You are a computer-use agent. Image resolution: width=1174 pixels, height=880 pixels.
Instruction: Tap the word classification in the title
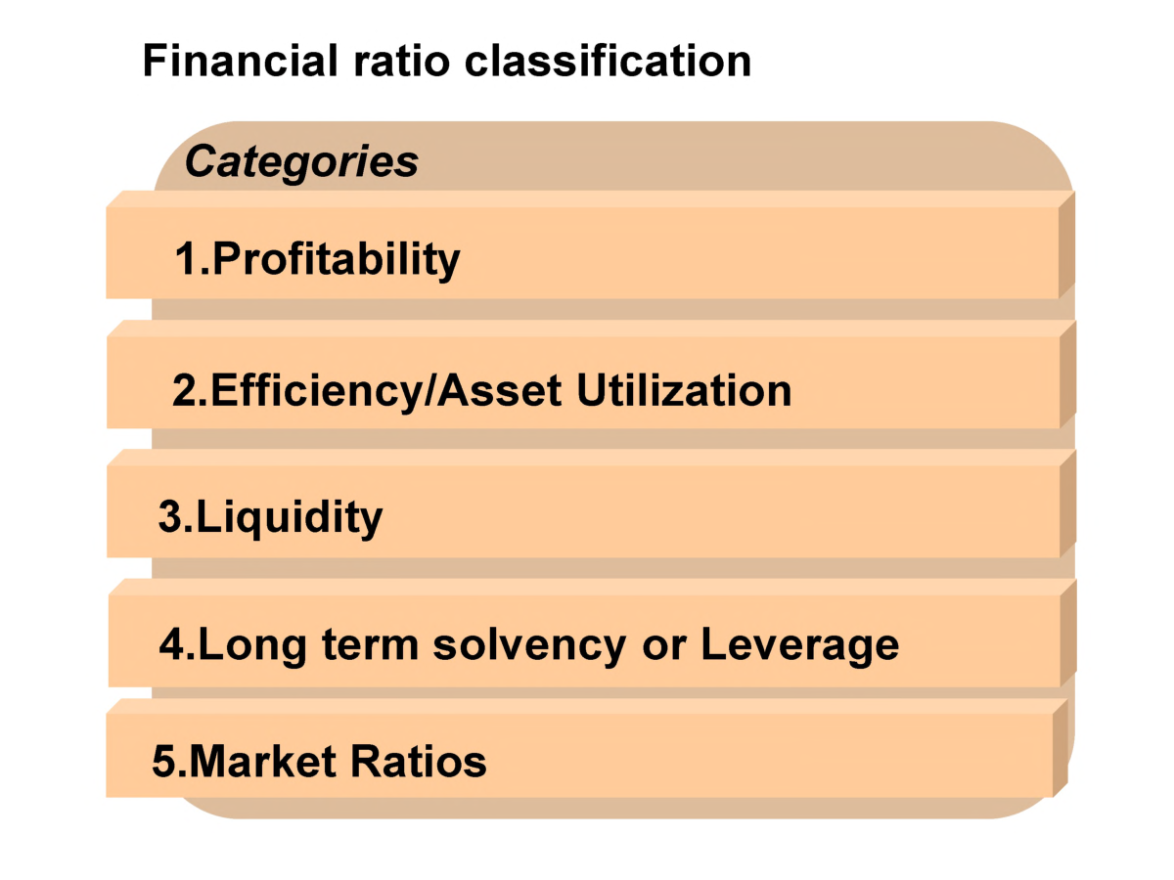tap(608, 61)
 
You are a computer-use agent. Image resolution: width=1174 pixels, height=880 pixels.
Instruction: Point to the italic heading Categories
tap(301, 162)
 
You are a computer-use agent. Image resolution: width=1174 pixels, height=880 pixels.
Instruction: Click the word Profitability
tap(336, 260)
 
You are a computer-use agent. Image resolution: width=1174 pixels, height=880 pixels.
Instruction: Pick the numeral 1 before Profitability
tap(186, 259)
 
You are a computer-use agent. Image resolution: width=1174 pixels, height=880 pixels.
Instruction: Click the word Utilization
tap(684, 391)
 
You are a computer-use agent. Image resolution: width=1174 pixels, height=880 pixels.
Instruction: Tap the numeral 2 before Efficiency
tap(184, 391)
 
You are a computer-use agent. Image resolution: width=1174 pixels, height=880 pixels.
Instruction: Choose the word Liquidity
tap(290, 517)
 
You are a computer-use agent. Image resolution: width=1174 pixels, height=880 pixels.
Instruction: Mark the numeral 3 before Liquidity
tap(170, 516)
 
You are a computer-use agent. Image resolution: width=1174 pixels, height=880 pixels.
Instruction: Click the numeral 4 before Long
tap(172, 645)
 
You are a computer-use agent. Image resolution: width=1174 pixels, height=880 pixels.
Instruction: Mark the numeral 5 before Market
tap(164, 762)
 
